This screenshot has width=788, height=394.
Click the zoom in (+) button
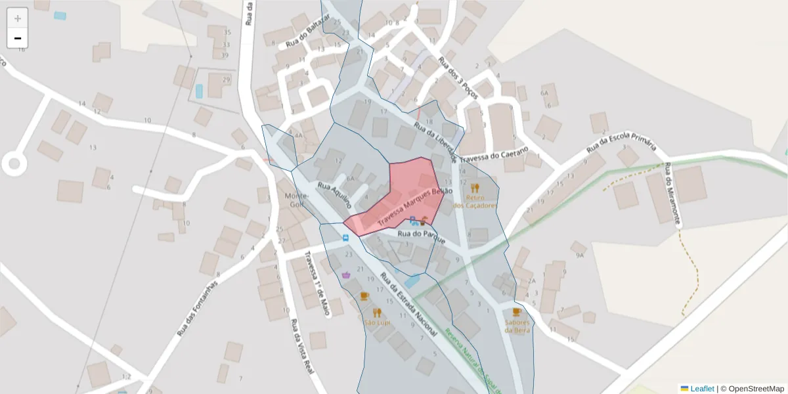(x=18, y=18)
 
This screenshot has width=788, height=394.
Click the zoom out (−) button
(x=18, y=38)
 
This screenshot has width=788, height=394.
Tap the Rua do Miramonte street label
(x=672, y=194)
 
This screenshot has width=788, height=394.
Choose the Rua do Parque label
(x=422, y=236)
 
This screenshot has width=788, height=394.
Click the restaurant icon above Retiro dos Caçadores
(x=475, y=187)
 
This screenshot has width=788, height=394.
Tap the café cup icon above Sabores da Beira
(x=517, y=312)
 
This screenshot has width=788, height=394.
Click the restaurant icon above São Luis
(x=377, y=313)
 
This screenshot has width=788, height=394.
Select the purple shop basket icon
(x=346, y=274)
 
